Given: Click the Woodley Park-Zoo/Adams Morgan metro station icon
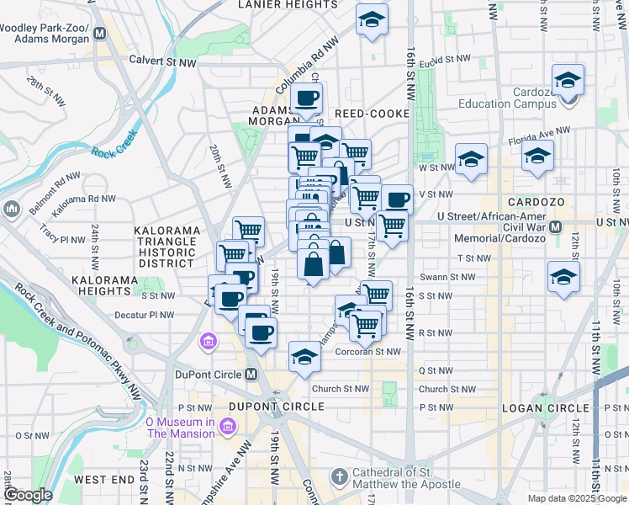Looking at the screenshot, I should (100, 34).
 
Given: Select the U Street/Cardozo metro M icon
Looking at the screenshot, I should (555, 227).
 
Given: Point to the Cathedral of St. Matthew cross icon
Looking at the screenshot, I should (339, 478).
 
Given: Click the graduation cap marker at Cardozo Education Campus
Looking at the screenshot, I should (568, 80).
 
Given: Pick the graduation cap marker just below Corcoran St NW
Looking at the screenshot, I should (304, 356).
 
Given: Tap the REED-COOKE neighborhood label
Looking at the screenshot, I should (372, 114).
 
